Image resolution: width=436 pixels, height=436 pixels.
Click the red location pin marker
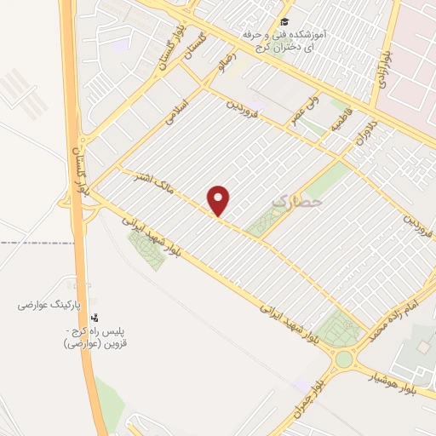[220, 201]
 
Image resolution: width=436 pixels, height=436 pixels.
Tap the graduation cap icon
[284, 22]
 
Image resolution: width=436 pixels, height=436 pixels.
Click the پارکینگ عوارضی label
[52, 303]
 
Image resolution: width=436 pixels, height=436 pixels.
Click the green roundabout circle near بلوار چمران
[343, 359]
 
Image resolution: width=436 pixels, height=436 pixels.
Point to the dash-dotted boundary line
[34, 244]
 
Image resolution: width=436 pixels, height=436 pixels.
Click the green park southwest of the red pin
[146, 249]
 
